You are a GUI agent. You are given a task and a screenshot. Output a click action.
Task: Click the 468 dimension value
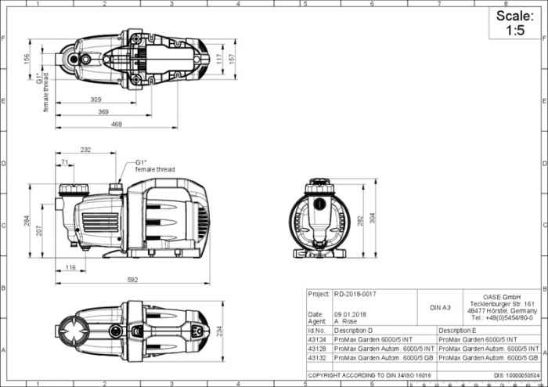117,125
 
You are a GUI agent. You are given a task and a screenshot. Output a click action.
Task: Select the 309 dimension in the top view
96,99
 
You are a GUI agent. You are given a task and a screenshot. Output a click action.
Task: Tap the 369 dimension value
103,112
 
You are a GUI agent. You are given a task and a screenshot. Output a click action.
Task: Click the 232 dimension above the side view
85,149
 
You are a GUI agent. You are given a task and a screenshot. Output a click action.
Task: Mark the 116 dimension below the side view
70,268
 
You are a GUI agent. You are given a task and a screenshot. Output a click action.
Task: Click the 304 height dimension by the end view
373,220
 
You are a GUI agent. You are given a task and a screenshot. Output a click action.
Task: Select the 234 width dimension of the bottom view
220,331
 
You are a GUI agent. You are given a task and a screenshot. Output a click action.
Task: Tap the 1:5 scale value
514,31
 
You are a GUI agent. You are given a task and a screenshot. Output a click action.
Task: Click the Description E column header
458,331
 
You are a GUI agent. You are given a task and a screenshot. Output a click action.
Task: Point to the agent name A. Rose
346,321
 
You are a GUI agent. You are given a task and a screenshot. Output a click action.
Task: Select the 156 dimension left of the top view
27,59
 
